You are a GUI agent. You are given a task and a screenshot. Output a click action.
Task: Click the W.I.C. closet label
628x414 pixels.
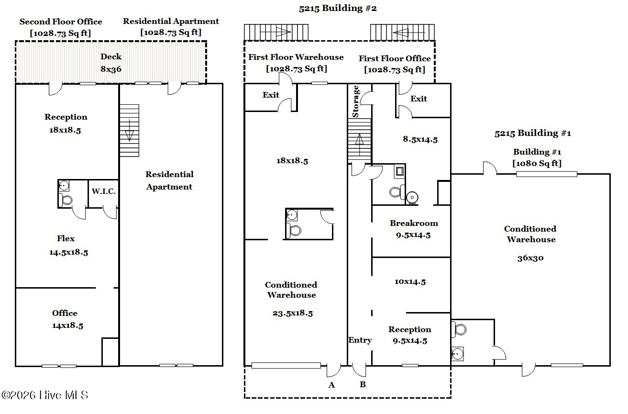[x=103, y=191]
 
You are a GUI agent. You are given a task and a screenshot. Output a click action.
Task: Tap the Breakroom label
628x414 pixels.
[x=414, y=223]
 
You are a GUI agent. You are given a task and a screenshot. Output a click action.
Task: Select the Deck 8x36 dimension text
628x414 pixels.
[x=111, y=69]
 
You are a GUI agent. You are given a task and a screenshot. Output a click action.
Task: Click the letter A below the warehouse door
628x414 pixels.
[x=331, y=385]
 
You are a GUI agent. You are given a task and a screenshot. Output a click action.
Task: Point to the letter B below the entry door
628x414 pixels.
[x=363, y=384]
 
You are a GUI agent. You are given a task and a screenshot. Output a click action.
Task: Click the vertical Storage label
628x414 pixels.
[x=355, y=101]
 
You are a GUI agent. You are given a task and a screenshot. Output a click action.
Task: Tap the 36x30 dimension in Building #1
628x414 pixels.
[x=530, y=258]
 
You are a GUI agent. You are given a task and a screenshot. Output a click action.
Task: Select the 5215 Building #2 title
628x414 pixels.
[x=338, y=8]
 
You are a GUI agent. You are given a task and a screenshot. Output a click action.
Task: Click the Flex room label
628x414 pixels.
[x=66, y=238]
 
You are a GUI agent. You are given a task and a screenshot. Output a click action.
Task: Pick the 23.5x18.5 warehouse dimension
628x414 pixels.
[x=293, y=313]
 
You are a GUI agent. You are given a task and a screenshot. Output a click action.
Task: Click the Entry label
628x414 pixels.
[x=360, y=340]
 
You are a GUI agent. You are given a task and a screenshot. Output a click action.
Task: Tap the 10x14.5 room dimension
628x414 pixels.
[x=410, y=281]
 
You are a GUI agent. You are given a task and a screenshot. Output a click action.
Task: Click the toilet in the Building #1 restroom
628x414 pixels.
[x=459, y=330]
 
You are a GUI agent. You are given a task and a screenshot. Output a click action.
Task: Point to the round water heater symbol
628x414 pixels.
[x=412, y=197]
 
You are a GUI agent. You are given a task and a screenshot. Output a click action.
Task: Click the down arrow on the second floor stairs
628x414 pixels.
[x=129, y=131]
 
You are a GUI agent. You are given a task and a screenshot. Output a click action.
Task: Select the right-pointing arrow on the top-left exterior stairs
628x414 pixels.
[x=275, y=32]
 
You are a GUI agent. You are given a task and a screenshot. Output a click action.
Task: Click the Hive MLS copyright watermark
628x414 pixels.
[x=45, y=395]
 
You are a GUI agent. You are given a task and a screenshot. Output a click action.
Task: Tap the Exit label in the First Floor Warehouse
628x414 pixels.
[x=271, y=95]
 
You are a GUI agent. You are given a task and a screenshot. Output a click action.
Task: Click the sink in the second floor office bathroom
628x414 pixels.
[x=64, y=186]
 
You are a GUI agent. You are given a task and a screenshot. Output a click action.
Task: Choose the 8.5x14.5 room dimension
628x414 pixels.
[x=420, y=139]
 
